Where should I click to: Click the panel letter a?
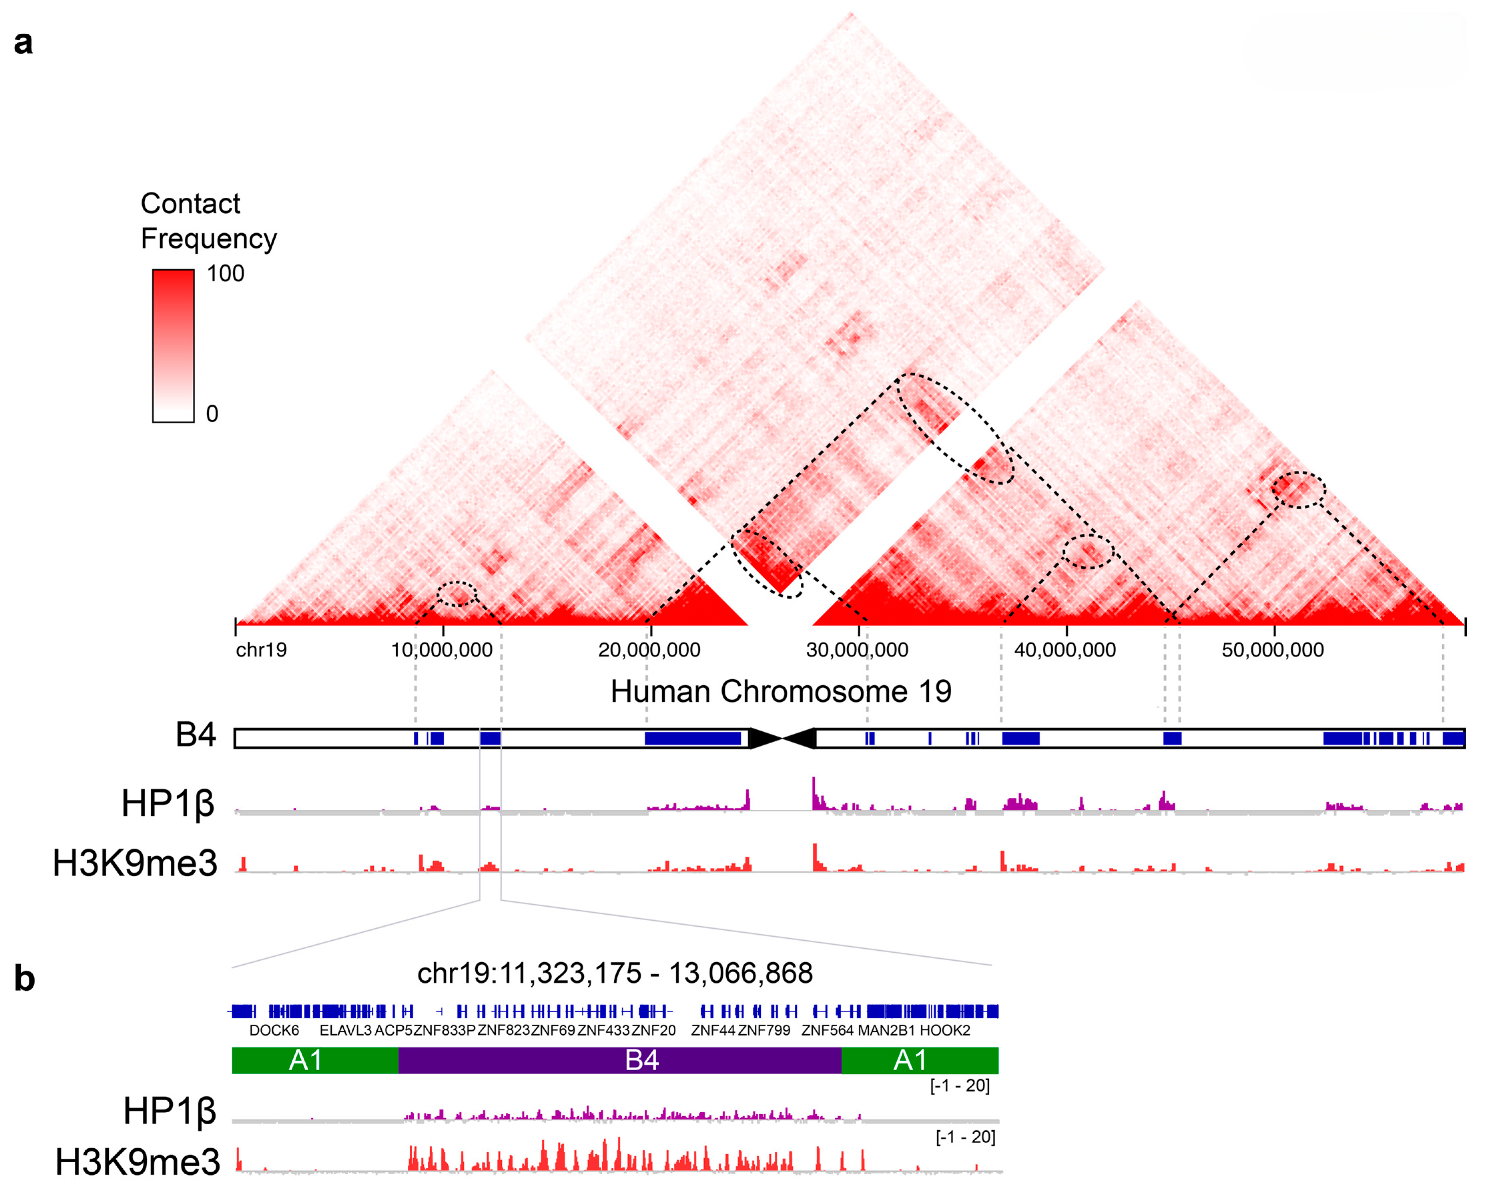pyautogui.click(x=23, y=43)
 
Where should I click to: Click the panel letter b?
pyautogui.click(x=25, y=979)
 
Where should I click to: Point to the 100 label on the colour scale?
pyautogui.click(x=225, y=273)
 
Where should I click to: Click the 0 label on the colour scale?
pyautogui.click(x=212, y=414)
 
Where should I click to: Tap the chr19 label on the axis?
pyautogui.click(x=261, y=650)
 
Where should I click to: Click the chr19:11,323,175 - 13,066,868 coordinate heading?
pyautogui.click(x=615, y=973)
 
